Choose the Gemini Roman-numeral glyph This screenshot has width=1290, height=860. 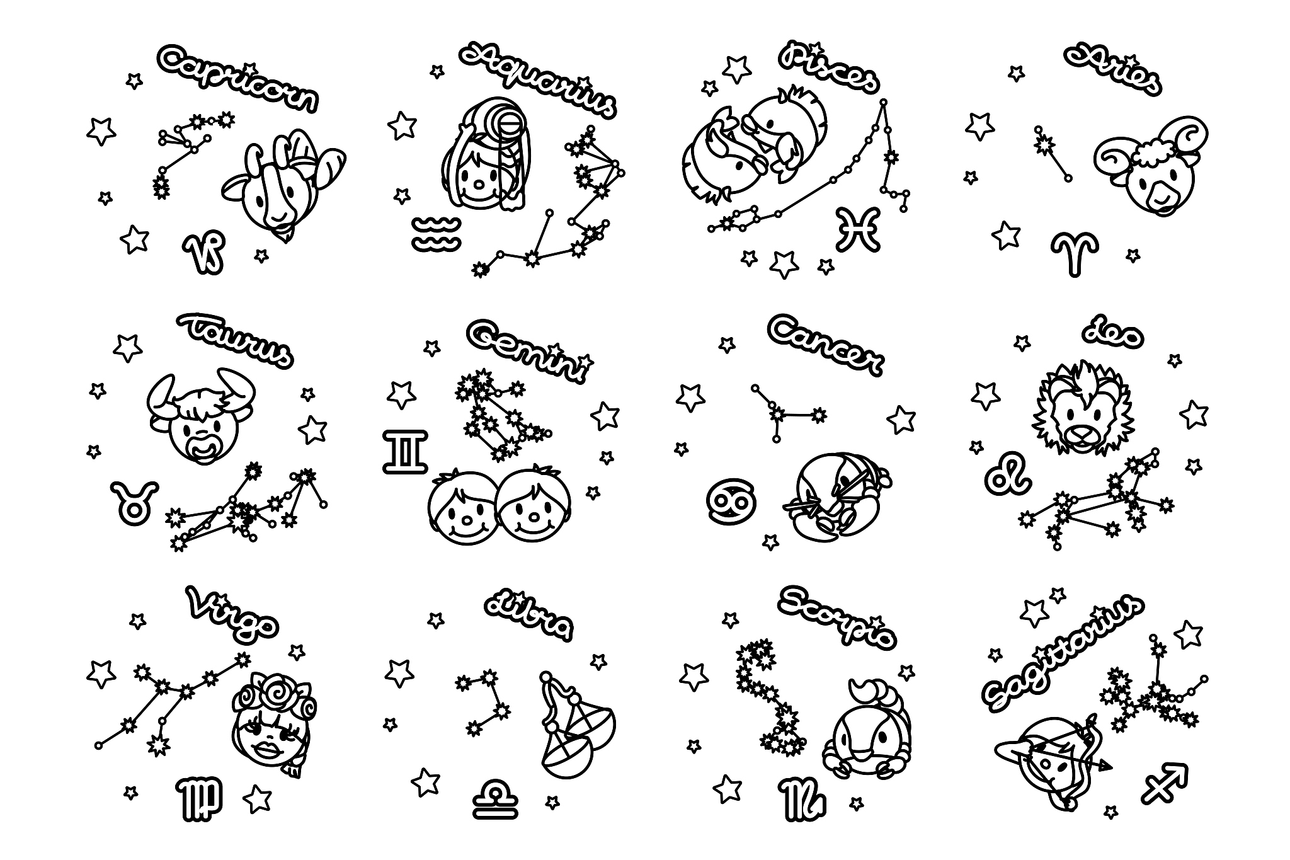405,451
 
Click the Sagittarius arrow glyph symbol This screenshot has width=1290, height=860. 1167,783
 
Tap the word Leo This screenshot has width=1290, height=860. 1112,336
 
